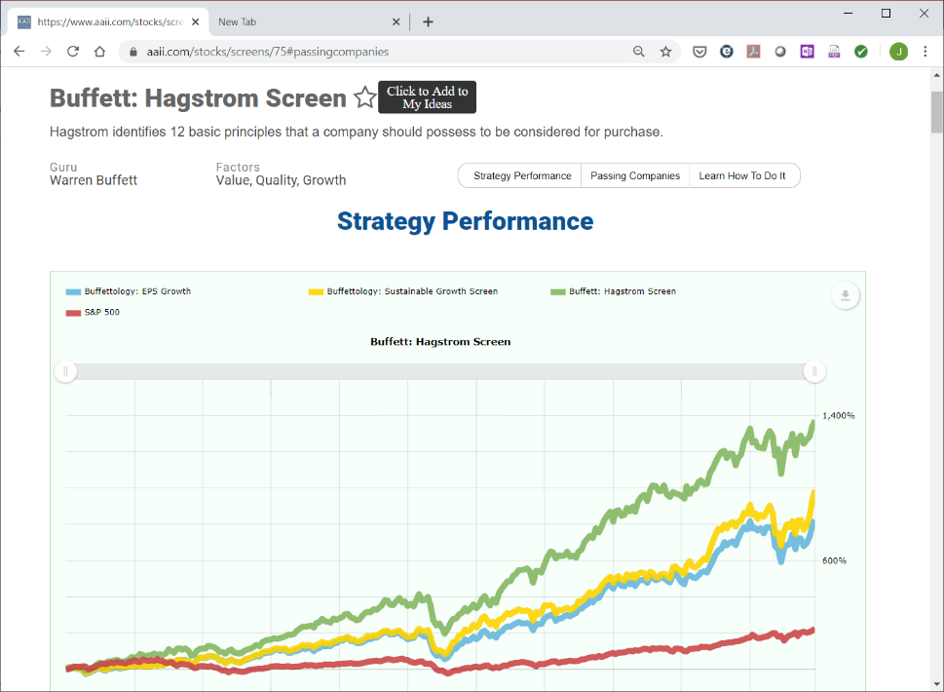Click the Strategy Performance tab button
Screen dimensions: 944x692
tap(521, 175)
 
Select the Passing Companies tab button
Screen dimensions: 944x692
tap(635, 175)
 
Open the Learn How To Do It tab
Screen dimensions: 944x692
tap(742, 175)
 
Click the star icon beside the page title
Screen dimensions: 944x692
tap(364, 96)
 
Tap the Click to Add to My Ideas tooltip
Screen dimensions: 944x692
tap(428, 96)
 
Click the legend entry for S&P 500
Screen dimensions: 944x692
tap(93, 312)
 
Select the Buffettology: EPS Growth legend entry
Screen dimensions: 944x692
tap(129, 291)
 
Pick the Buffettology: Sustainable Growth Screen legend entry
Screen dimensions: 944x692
tap(403, 291)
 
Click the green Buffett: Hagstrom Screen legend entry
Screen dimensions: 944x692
tap(614, 291)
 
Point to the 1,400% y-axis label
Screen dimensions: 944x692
tap(839, 415)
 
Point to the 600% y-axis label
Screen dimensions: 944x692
tap(835, 560)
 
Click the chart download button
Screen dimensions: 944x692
tap(846, 295)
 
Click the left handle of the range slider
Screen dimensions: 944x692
tap(65, 371)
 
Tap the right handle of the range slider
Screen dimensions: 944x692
tap(814, 371)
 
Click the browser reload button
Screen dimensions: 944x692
tap(73, 52)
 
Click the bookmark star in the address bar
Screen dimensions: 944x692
tap(665, 52)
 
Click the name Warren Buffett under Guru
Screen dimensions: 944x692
tap(94, 180)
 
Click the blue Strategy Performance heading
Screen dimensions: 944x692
tap(466, 221)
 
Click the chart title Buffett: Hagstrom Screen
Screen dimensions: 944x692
tap(440, 341)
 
